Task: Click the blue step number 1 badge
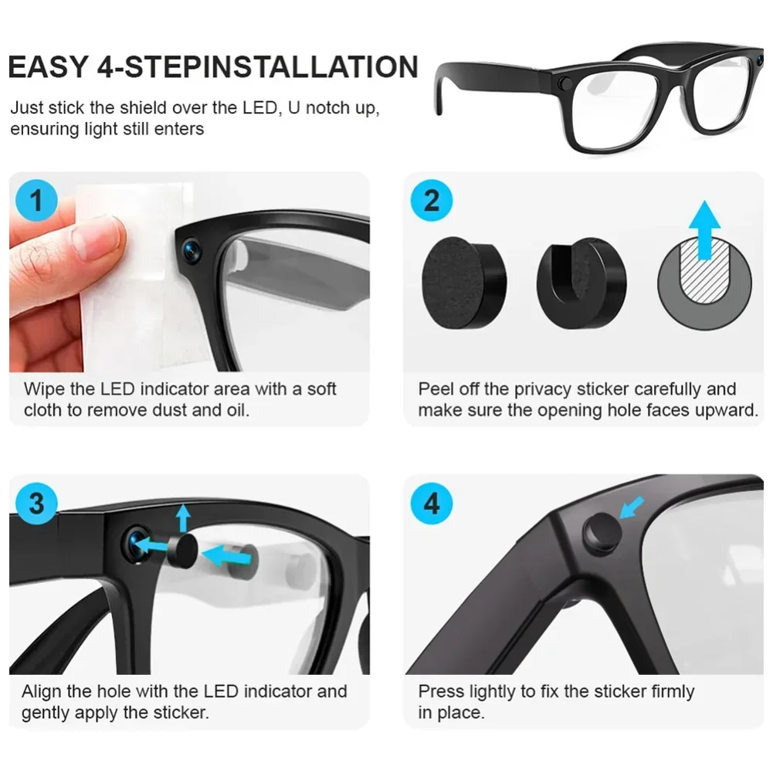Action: click(36, 200)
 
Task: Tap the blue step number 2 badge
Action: click(432, 200)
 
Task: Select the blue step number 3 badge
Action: click(36, 503)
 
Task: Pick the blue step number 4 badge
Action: click(432, 503)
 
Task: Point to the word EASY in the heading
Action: click(48, 67)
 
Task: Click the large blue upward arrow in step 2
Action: click(705, 229)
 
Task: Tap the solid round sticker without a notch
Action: click(464, 283)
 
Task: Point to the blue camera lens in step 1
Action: click(192, 249)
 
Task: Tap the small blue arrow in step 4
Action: click(632, 507)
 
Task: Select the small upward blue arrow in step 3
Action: click(183, 518)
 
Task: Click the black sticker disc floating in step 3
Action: click(182, 551)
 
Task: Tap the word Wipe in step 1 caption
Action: click(44, 389)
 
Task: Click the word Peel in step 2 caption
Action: click(436, 389)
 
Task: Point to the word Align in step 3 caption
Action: click(42, 692)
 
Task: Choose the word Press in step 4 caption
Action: click(441, 692)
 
